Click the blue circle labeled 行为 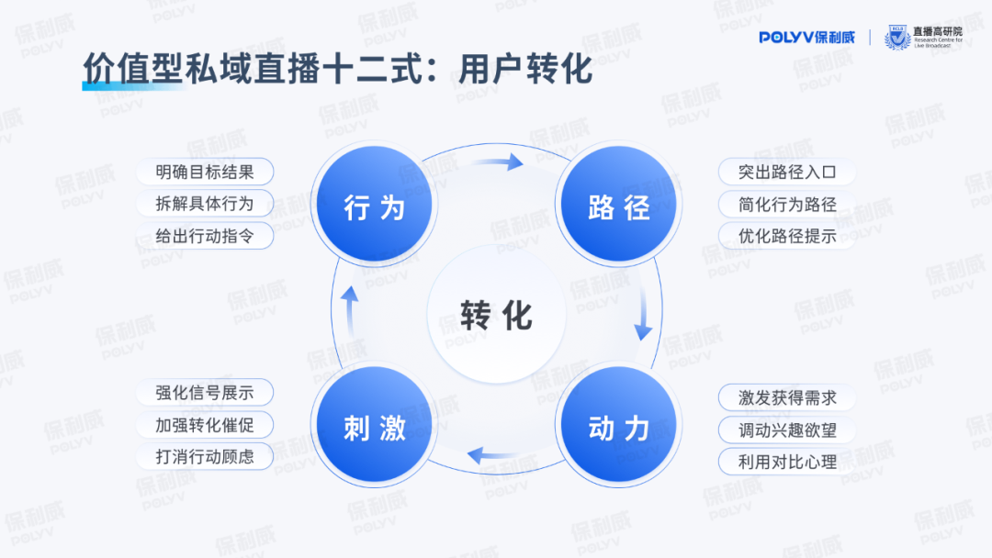click(x=375, y=206)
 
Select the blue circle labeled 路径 click(x=618, y=206)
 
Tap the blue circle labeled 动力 click(x=618, y=427)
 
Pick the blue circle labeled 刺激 click(x=375, y=427)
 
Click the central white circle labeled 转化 click(x=496, y=316)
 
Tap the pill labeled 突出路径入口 click(x=787, y=172)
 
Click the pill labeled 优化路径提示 click(x=787, y=235)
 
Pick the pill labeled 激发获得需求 click(x=787, y=397)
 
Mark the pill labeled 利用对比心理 click(x=787, y=462)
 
